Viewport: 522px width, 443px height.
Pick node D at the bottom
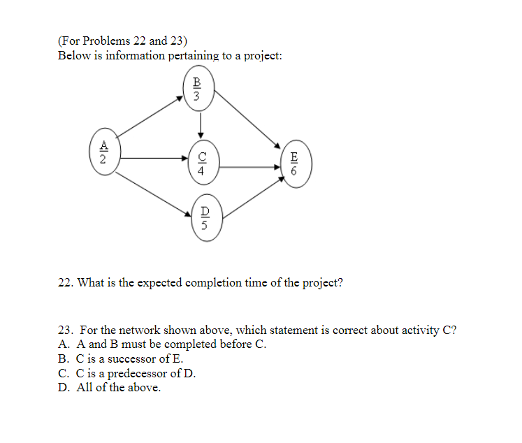205,217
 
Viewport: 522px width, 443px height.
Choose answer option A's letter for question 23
64,344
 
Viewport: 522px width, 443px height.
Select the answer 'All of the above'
118,386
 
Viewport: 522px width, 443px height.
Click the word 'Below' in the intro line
73,55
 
